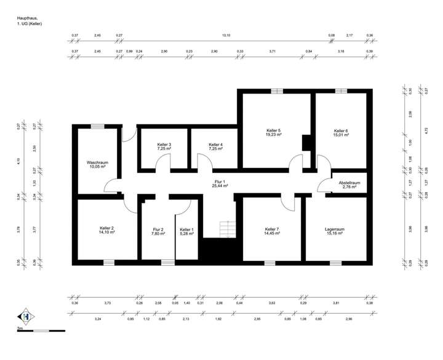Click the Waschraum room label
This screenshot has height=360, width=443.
click(97, 162)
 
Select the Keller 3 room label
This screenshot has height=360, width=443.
click(164, 145)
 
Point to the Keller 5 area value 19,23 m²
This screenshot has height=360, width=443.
click(274, 135)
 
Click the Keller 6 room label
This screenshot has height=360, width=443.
click(341, 131)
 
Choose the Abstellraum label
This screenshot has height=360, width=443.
click(349, 183)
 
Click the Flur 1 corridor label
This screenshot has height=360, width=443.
click(220, 182)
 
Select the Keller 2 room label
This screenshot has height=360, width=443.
click(106, 228)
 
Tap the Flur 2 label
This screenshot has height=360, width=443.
click(158, 230)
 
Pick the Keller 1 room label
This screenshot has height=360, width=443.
click(186, 230)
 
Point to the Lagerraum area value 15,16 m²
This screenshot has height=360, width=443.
click(337, 234)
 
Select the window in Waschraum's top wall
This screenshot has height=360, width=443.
click(98, 126)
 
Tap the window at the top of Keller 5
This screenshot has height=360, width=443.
click(276, 91)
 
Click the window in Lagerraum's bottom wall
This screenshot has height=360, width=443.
click(335, 263)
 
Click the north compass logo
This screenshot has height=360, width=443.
click(24, 317)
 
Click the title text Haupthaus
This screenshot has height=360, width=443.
click(28, 18)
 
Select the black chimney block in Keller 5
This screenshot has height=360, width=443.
click(306, 143)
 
